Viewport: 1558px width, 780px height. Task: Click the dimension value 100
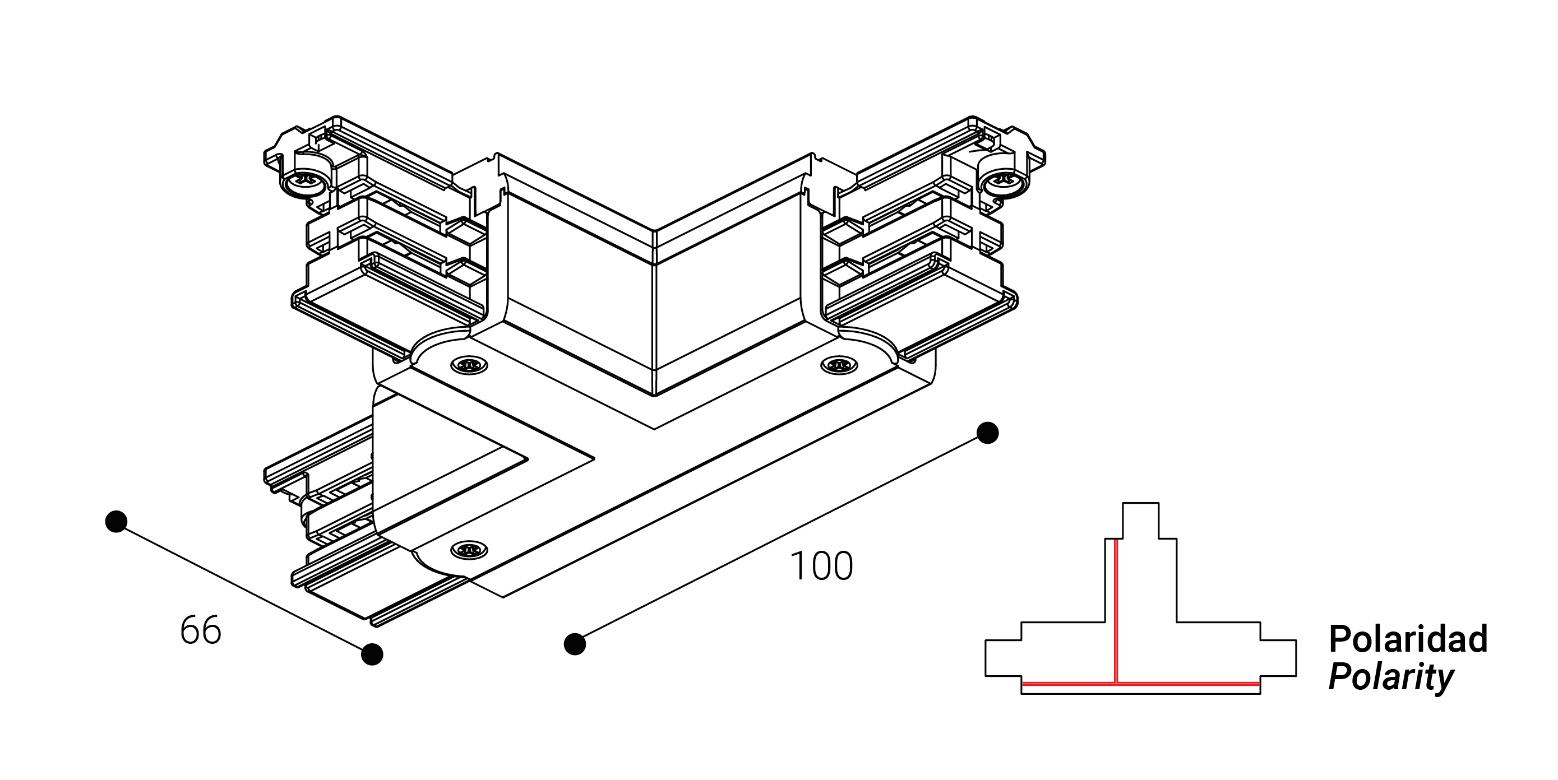pyautogui.click(x=821, y=567)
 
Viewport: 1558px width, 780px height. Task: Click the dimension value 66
pyautogui.click(x=201, y=630)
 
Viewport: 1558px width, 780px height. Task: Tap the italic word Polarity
pyautogui.click(x=1390, y=678)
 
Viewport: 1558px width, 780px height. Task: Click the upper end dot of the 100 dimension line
pyautogui.click(x=988, y=433)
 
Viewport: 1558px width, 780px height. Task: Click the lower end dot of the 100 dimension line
pyautogui.click(x=575, y=644)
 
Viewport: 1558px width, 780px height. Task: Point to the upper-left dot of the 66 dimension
pyautogui.click(x=115, y=521)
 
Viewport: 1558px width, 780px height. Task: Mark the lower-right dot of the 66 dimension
pyautogui.click(x=372, y=654)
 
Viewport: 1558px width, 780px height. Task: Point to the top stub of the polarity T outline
pyautogui.click(x=1141, y=520)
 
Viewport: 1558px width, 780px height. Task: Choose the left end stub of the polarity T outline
pyautogui.click(x=1004, y=658)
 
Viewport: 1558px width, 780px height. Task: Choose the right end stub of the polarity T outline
pyautogui.click(x=1278, y=658)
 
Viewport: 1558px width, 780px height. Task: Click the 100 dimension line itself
pyautogui.click(x=781, y=538)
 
